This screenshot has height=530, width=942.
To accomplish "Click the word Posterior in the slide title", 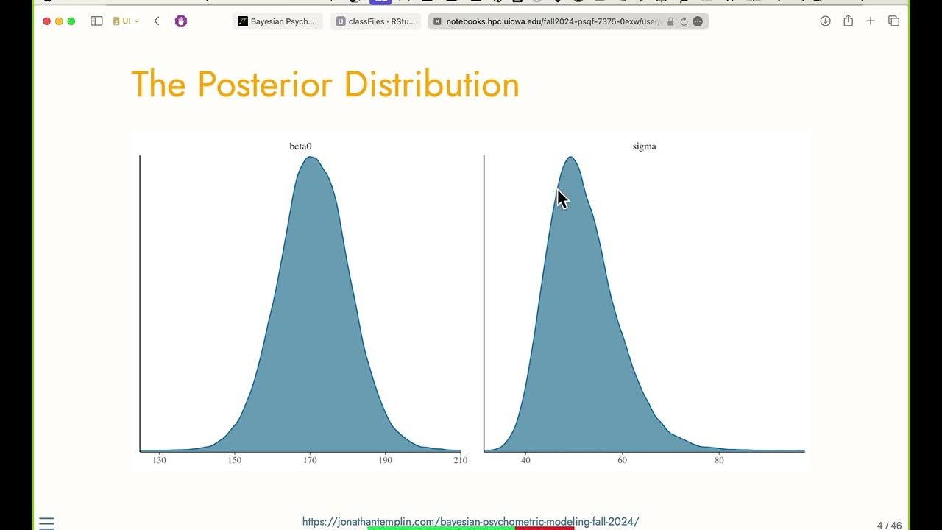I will (266, 85).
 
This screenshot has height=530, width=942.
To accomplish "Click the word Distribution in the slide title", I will (431, 85).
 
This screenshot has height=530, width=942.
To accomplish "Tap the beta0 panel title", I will (300, 146).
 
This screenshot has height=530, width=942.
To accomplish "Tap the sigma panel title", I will (644, 146).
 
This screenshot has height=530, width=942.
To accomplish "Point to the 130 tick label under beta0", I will (159, 460).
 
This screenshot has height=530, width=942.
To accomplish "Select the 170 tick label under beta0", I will (310, 460).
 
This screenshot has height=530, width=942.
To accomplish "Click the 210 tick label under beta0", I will (460, 460).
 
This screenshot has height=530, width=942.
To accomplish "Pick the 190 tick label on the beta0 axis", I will (385, 460).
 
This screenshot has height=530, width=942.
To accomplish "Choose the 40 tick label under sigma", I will (525, 460).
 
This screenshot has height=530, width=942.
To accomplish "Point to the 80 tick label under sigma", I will (719, 460).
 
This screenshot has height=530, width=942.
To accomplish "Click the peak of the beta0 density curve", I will (311, 157).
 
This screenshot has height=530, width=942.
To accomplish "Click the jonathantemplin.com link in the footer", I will (470, 521).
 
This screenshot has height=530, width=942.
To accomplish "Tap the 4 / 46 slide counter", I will (889, 525).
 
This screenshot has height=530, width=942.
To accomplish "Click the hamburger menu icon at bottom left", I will (46, 523).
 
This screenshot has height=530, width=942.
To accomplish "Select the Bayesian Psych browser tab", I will (277, 21).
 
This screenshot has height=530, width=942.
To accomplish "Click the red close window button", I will (47, 21).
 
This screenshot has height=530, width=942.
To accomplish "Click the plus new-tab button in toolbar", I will (871, 21).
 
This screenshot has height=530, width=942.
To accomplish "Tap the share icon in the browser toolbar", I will (848, 21).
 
